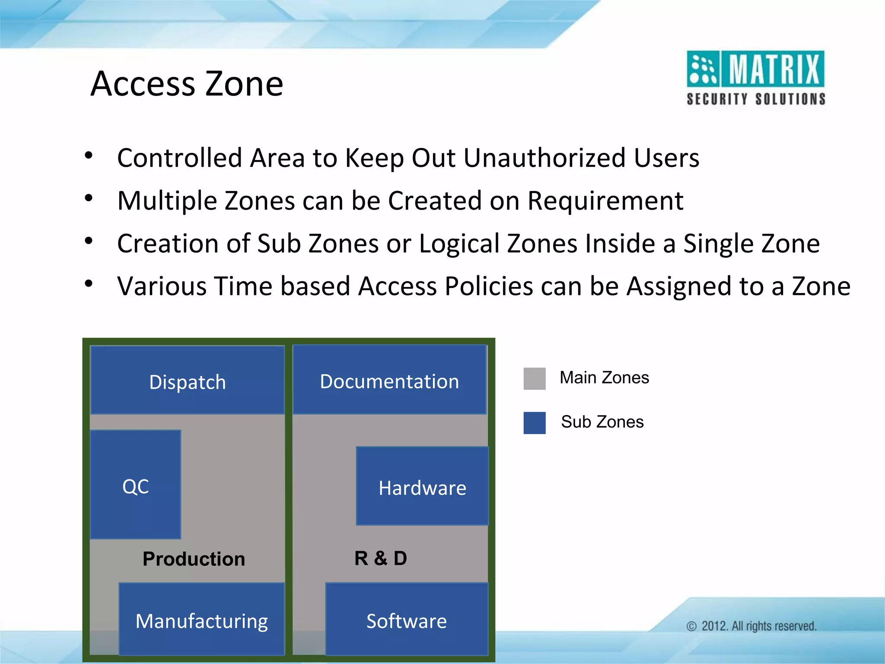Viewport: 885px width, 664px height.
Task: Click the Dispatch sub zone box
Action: click(x=187, y=380)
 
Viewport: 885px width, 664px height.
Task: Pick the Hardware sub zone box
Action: click(x=422, y=486)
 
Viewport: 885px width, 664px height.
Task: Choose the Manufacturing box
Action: click(x=201, y=619)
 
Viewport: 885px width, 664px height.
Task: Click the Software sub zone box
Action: click(x=406, y=619)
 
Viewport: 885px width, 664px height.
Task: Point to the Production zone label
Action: click(x=194, y=559)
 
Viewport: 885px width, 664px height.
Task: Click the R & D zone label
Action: click(x=381, y=558)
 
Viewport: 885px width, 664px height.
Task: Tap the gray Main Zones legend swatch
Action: click(x=535, y=379)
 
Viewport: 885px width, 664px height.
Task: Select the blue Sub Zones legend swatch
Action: click(x=535, y=422)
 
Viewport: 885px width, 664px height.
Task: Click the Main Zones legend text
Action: click(x=604, y=377)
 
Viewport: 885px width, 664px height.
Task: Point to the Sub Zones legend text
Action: click(x=602, y=421)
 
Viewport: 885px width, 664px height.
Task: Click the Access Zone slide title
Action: click(x=187, y=83)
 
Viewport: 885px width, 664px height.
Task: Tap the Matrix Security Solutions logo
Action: click(x=755, y=78)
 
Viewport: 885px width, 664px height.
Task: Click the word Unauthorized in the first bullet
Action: click(x=544, y=157)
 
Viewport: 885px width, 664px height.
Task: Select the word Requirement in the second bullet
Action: click(x=605, y=201)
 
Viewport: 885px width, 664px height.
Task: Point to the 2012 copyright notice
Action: click(x=752, y=626)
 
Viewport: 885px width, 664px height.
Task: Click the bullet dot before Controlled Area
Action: click(x=89, y=156)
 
